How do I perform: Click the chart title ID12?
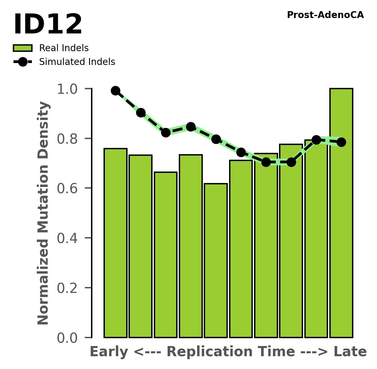[48, 25]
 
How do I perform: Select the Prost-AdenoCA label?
[325, 15]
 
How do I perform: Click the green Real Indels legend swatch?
[23, 48]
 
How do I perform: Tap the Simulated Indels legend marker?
[23, 62]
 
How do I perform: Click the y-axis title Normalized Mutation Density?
[44, 213]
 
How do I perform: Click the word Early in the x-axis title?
[109, 352]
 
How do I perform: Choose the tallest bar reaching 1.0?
[341, 213]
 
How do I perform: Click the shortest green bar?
[216, 261]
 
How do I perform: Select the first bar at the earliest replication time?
[115, 243]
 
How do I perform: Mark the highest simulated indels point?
[115, 91]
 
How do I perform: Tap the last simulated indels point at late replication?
[341, 142]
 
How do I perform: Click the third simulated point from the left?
[166, 133]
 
